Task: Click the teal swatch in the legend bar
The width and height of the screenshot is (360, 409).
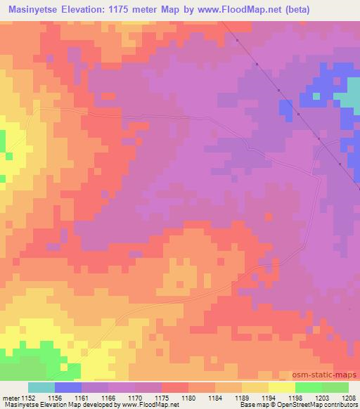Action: coord(41,387)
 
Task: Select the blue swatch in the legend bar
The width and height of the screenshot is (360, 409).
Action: coord(68,387)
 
